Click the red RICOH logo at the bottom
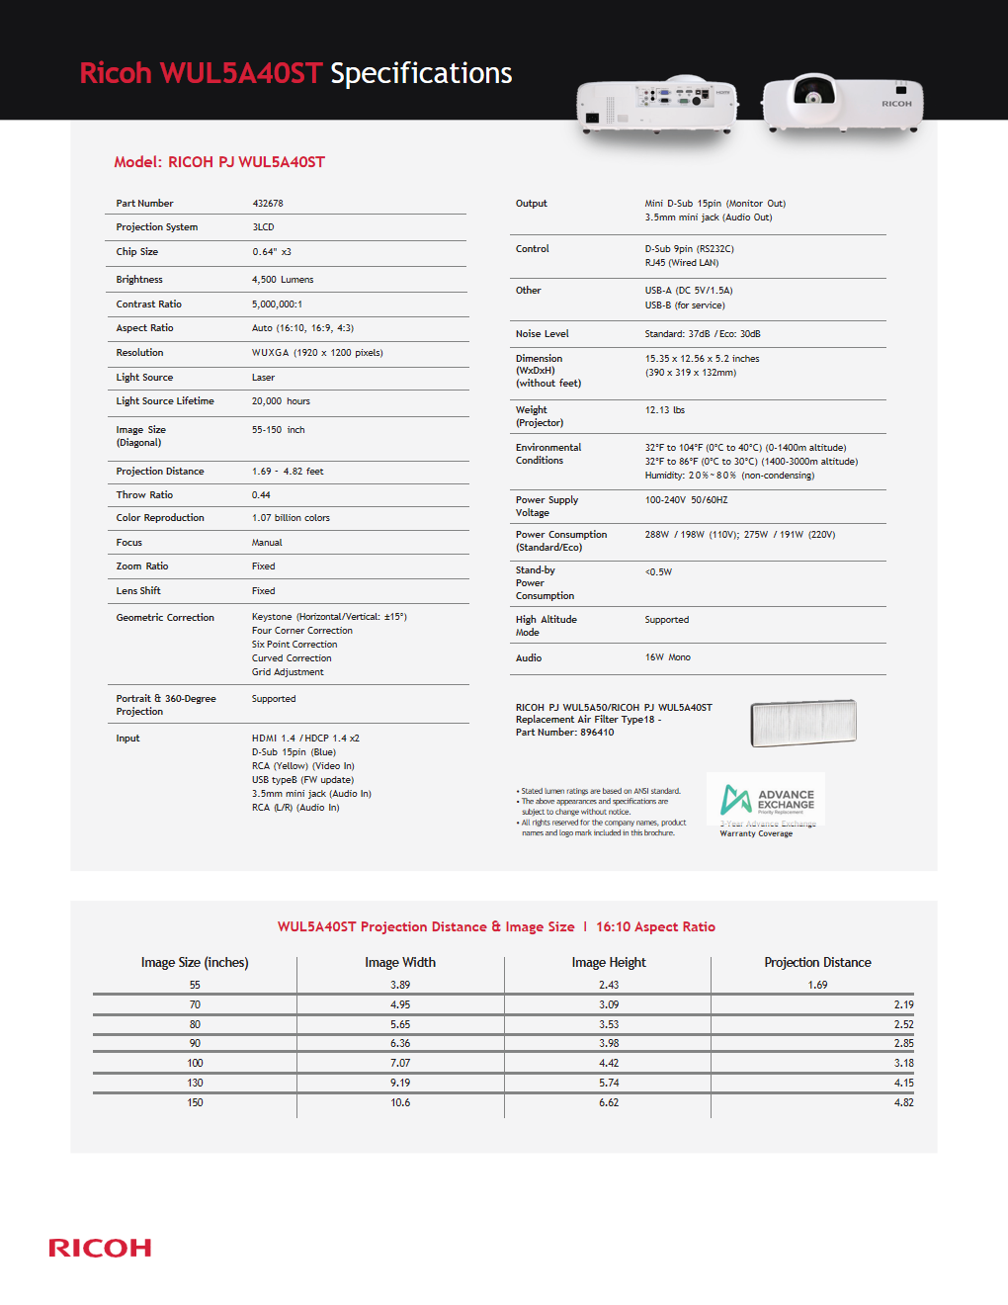point(100,1248)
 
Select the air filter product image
point(802,723)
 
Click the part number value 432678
point(268,204)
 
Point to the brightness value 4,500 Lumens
point(283,280)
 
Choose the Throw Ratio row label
point(144,495)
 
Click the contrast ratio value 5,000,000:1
point(277,304)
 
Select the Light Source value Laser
point(263,378)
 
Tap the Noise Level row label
point(542,334)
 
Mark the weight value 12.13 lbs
point(664,410)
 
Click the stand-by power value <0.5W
point(658,572)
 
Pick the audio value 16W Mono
point(667,657)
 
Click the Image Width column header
point(399,963)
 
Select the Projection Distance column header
point(817,963)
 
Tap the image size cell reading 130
point(195,1084)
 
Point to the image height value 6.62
point(609,1103)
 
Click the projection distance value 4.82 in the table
point(903,1103)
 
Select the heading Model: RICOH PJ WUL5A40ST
point(219,162)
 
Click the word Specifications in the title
point(421,73)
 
